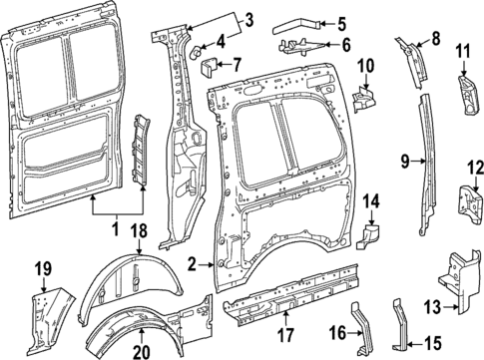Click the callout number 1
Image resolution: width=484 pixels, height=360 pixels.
pyautogui.click(x=118, y=228)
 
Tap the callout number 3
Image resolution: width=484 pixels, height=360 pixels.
pyautogui.click(x=248, y=18)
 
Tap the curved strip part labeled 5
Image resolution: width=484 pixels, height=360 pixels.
pyautogui.click(x=298, y=21)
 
